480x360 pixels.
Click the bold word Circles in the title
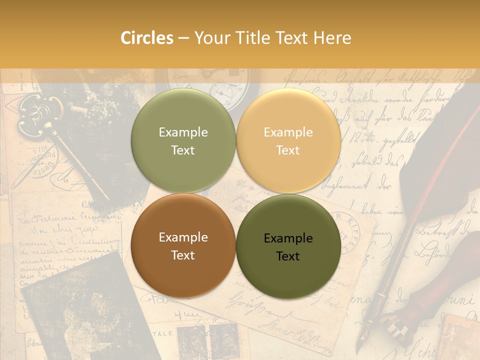pyautogui.click(x=146, y=38)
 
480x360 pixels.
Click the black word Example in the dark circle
pyautogui.click(x=288, y=238)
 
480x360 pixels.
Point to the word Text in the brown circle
pyautogui.click(x=183, y=255)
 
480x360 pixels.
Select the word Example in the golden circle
pyautogui.click(x=288, y=132)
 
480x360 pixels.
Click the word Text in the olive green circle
pyautogui.click(x=183, y=150)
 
